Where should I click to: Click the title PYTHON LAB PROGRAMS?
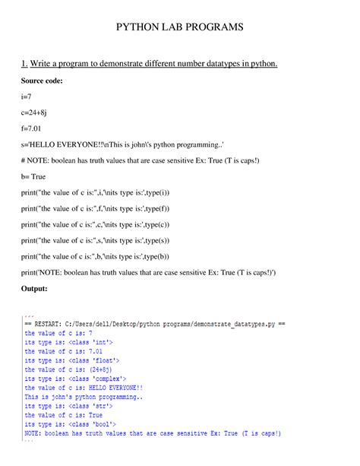[179, 27]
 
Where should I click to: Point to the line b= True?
[36, 175]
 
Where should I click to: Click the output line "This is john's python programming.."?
[84, 397]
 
